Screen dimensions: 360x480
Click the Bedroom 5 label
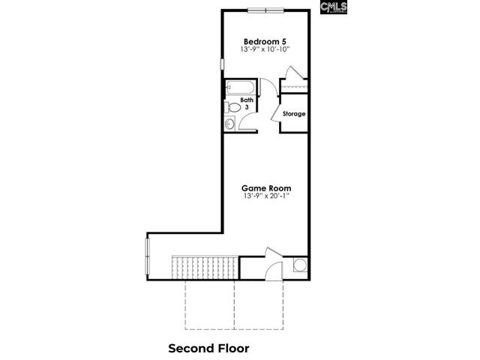click(x=265, y=40)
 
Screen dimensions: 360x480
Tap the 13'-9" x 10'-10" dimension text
click(x=265, y=49)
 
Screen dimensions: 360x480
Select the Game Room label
click(x=265, y=187)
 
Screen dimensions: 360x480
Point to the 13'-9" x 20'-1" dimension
click(x=265, y=196)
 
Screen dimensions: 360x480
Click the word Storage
click(x=294, y=114)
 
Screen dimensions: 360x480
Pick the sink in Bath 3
click(x=229, y=124)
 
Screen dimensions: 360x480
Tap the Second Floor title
click(x=208, y=348)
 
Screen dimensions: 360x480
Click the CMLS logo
click(x=334, y=8)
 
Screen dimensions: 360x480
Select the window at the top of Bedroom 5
click(x=266, y=10)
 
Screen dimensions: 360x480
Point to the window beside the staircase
click(x=147, y=256)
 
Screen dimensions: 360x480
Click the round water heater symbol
click(x=299, y=265)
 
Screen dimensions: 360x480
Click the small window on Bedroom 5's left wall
click(x=222, y=63)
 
